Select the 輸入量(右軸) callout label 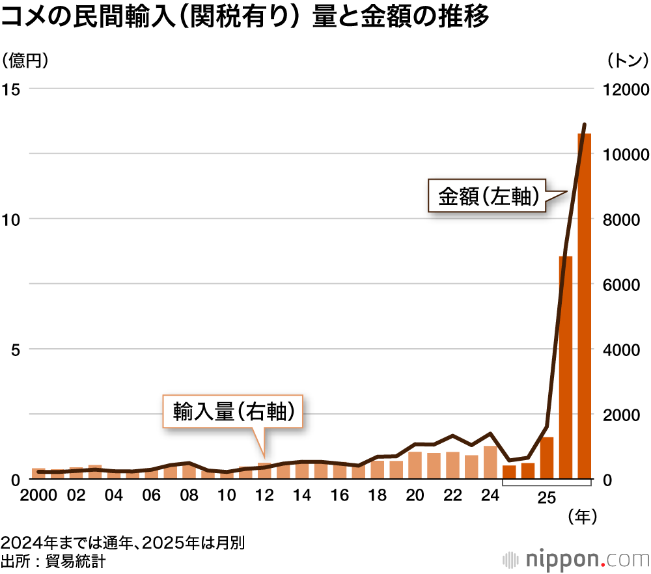tap(232, 411)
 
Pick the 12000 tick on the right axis tap(623, 90)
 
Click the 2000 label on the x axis tap(38, 496)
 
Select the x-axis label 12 tap(264, 496)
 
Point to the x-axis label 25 tap(547, 498)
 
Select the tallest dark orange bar tap(584, 306)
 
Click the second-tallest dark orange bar tap(565, 368)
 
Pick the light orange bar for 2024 tap(490, 463)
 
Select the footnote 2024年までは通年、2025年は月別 tap(122, 543)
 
